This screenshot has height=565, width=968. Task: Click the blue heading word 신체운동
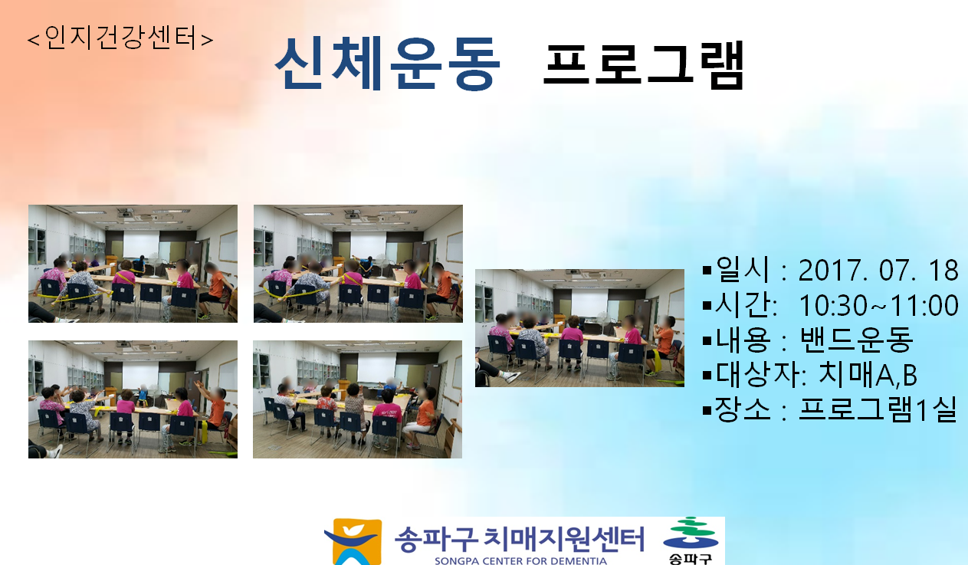click(387, 64)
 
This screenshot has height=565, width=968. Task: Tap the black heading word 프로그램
click(644, 65)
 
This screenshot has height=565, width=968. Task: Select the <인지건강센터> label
click(120, 38)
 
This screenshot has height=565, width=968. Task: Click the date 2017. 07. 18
click(878, 271)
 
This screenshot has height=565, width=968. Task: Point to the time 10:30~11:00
click(878, 305)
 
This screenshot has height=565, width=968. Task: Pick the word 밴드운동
click(856, 340)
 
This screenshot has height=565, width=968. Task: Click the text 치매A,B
click(868, 374)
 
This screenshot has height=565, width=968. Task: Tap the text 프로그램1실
click(878, 409)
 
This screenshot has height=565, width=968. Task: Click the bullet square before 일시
click(707, 271)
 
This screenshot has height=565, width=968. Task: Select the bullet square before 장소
click(707, 409)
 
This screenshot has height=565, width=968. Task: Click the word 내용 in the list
click(743, 340)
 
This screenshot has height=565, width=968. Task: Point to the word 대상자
click(759, 374)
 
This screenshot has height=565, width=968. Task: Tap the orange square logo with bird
click(353, 542)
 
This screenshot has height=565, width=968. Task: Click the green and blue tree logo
click(691, 533)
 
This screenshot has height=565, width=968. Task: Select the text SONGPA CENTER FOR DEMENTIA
click(520, 560)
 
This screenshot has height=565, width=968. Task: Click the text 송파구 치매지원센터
click(520, 539)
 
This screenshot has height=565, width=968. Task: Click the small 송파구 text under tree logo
click(691, 559)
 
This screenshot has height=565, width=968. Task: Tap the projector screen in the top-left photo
click(141, 244)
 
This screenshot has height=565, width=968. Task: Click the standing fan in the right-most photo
click(603, 322)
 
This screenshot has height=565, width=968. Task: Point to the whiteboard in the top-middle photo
click(454, 247)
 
